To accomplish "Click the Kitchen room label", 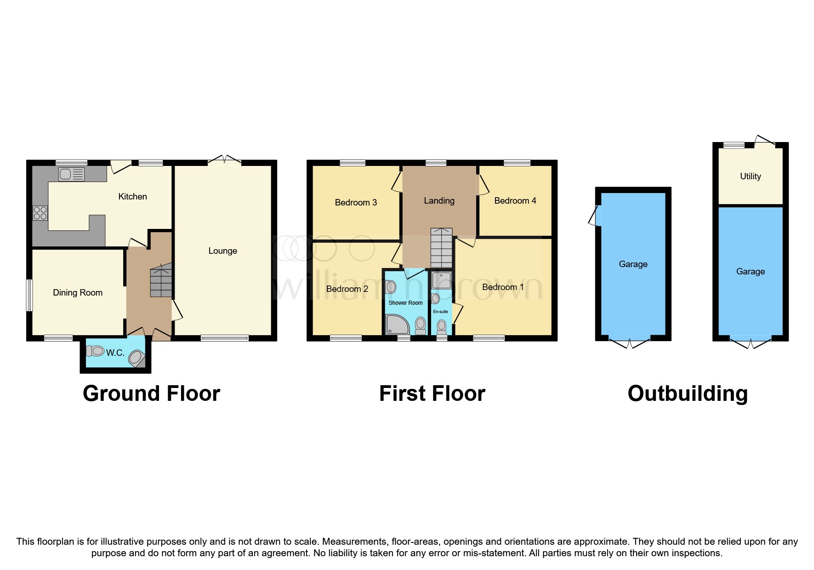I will click(x=132, y=197).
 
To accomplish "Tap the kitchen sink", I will click(x=71, y=174).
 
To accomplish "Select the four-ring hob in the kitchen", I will click(x=40, y=213).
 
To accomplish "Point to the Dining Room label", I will click(x=78, y=293).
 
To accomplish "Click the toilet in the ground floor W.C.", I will click(x=96, y=352).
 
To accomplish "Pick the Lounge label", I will click(x=222, y=251).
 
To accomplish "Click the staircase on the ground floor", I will click(x=161, y=280).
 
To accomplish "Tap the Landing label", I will click(x=439, y=201).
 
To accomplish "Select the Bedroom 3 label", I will click(x=356, y=203).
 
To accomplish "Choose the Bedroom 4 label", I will click(x=515, y=201).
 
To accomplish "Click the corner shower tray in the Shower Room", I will click(x=397, y=325).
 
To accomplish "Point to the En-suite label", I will click(x=440, y=312).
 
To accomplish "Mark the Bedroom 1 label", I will click(x=503, y=287).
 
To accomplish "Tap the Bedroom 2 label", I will click(x=347, y=289).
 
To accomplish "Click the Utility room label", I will click(x=750, y=177).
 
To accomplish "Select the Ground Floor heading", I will click(x=151, y=393).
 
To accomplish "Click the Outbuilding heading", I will click(x=688, y=393).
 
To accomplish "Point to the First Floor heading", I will click(x=432, y=393).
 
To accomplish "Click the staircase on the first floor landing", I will click(x=441, y=248).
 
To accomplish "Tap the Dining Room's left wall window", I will click(x=29, y=295).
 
